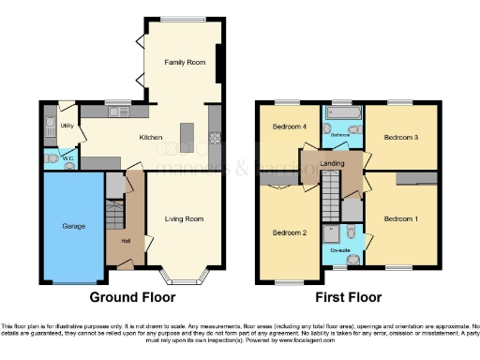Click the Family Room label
click(x=185, y=63)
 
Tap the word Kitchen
click(x=151, y=137)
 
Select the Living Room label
click(x=185, y=219)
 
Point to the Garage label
click(x=73, y=227)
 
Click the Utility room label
click(x=67, y=124)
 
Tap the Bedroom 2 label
click(x=289, y=232)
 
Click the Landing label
click(x=332, y=163)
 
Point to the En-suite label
click(x=339, y=250)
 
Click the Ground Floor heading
click(x=132, y=297)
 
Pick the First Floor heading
click(x=348, y=297)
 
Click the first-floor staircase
click(x=331, y=200)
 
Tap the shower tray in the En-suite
click(x=330, y=234)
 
